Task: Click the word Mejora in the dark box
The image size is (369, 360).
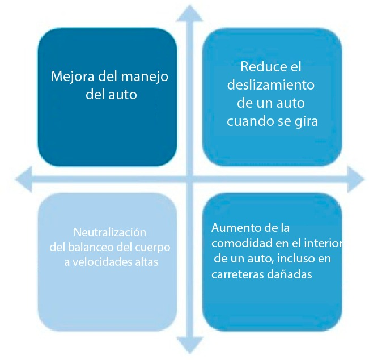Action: pos(73,77)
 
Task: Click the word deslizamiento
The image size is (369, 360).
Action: pos(270,85)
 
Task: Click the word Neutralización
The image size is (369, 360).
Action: pos(110,232)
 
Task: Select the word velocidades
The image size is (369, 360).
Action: pos(102,262)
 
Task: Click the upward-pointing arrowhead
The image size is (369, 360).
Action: pos(190,13)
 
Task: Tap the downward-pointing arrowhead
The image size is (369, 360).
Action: pos(190,345)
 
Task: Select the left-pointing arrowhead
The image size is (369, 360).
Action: pos(24,179)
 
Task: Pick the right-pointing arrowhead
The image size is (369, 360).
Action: pos(356,179)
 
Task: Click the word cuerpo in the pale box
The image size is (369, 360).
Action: pos(152,248)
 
